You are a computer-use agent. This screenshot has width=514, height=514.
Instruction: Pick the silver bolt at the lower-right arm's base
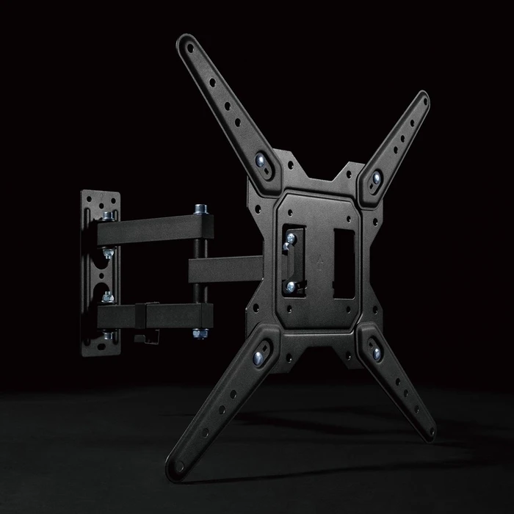[377, 354]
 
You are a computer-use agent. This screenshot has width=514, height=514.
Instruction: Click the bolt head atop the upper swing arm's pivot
[199, 210]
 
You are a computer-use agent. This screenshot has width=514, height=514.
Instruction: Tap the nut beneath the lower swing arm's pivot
[198, 335]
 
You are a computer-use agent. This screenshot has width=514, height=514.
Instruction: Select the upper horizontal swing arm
[151, 228]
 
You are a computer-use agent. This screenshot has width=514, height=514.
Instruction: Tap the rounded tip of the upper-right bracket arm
[423, 98]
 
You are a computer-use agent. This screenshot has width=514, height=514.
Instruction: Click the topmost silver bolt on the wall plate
[109, 216]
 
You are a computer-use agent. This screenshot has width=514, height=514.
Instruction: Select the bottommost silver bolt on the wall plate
[109, 336]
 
